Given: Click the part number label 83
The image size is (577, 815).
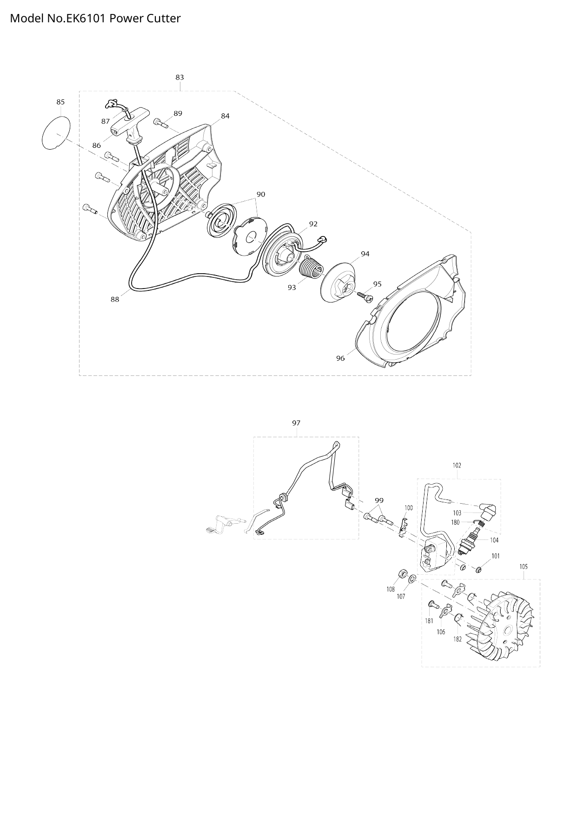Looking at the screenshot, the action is [179, 77].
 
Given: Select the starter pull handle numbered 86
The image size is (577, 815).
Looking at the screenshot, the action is [132, 124].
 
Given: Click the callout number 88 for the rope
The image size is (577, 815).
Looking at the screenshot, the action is [115, 299].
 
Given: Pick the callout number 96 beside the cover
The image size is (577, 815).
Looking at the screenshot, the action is [340, 358].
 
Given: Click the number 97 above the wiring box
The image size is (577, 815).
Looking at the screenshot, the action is [296, 423].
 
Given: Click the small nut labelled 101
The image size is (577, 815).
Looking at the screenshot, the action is [479, 569].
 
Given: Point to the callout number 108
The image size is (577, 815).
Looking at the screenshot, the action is [391, 589].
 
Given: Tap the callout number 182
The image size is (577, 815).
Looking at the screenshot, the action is [458, 639].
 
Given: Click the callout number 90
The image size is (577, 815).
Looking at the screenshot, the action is [261, 194].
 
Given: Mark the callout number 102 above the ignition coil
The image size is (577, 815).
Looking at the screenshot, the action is [457, 465].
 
